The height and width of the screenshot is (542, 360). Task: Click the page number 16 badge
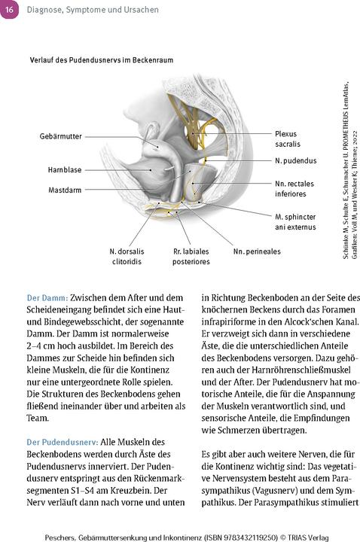point(10,8)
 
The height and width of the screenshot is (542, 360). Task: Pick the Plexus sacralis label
point(291,140)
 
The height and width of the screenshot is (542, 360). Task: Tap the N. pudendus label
point(295,161)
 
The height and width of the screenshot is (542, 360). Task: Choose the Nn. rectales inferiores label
point(294,188)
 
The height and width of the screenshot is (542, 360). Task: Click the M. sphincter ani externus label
point(295,221)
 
